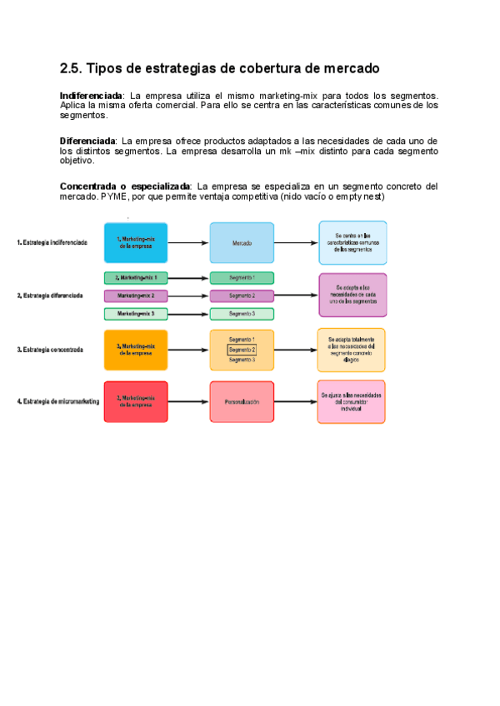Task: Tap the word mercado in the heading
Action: point(349,67)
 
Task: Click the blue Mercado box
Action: point(242,243)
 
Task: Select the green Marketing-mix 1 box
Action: point(136,277)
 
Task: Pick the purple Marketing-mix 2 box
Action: point(136,296)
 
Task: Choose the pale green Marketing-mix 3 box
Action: point(136,314)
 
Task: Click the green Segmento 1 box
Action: point(242,277)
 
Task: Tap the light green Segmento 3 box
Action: point(242,314)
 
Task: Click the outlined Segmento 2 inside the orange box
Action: point(242,351)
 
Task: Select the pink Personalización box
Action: point(242,402)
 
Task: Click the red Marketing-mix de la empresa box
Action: point(136,402)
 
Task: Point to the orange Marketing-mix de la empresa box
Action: point(136,351)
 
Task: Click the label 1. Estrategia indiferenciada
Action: point(52,243)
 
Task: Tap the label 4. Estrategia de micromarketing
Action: point(58,402)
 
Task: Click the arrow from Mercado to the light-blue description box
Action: point(296,243)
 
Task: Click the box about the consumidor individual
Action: point(351,402)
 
